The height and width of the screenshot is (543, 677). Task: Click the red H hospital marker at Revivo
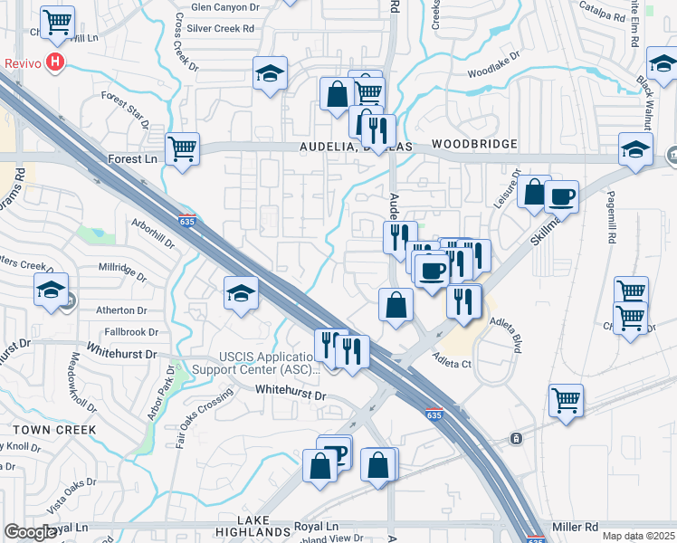point(57,63)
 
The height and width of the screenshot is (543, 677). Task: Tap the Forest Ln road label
point(132,159)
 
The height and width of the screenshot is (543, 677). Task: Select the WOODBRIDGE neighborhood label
point(474,144)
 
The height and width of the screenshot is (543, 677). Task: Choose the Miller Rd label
point(575,526)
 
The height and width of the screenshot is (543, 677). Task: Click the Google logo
point(30,532)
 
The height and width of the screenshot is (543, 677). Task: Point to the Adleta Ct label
point(453,363)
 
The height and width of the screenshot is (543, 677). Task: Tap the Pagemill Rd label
point(612,236)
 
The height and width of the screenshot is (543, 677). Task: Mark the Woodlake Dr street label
point(495,67)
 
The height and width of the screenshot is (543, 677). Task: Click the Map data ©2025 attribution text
point(639,536)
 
